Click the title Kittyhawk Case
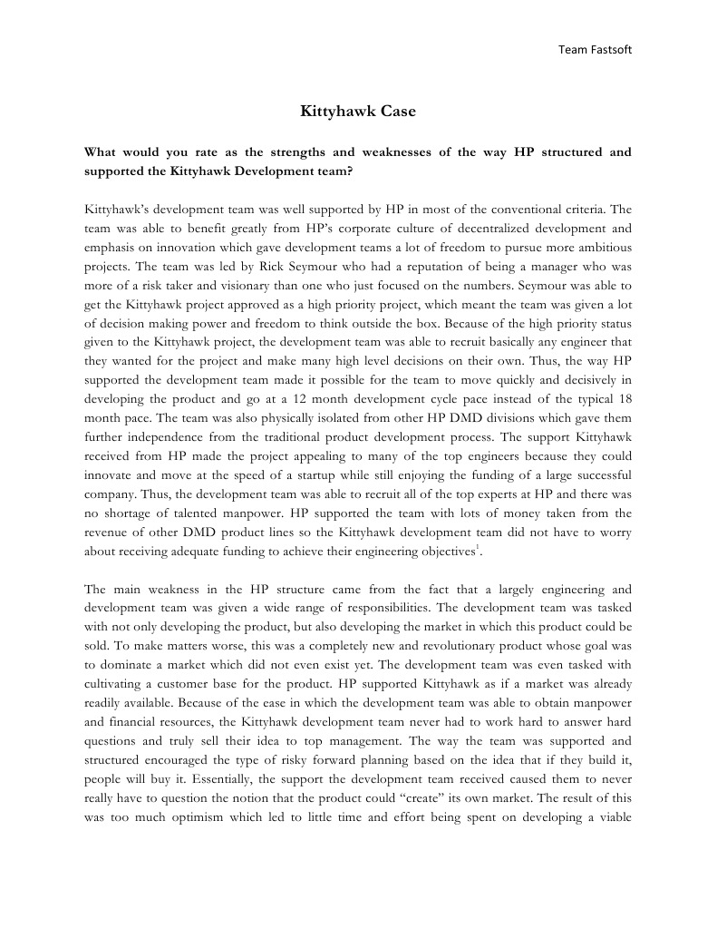(358, 112)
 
